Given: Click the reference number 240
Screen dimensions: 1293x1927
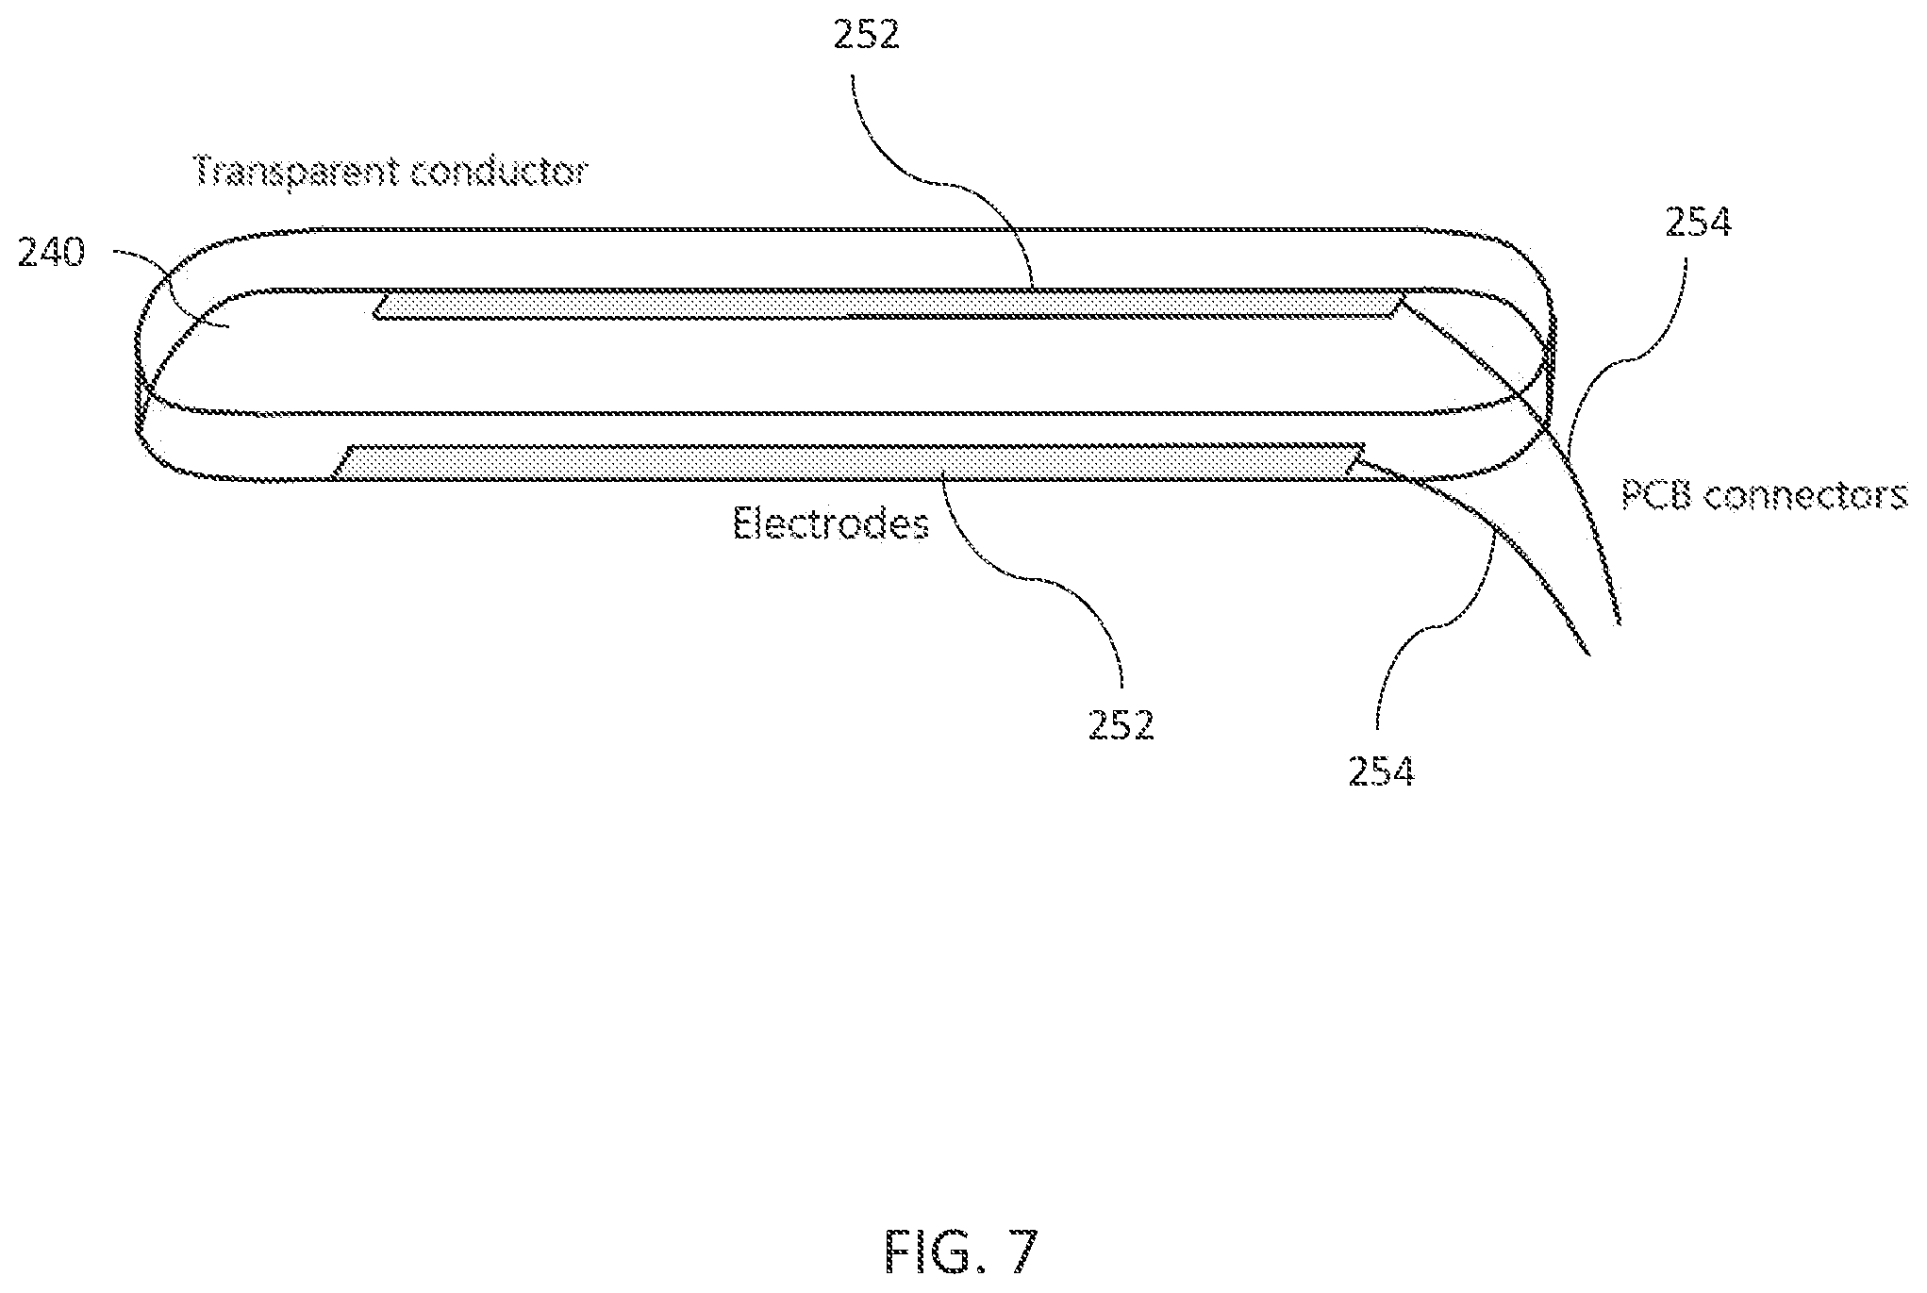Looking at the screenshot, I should (51, 254).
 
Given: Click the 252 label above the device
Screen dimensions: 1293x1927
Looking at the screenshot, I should (867, 35).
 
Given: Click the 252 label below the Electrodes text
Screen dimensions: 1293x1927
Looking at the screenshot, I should (1121, 724).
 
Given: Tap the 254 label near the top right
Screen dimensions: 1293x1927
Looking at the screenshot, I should (1697, 224).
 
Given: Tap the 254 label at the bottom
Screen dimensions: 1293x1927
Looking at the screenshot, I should (1381, 771).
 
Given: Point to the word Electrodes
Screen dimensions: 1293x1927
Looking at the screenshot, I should (831, 524).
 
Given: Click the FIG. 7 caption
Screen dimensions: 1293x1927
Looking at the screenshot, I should (961, 1252).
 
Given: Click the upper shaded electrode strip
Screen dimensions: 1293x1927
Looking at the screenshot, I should (887, 304).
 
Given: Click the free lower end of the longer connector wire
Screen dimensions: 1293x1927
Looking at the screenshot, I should (1619, 622).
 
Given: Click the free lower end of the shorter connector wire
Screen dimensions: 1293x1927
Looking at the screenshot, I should (1589, 653).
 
